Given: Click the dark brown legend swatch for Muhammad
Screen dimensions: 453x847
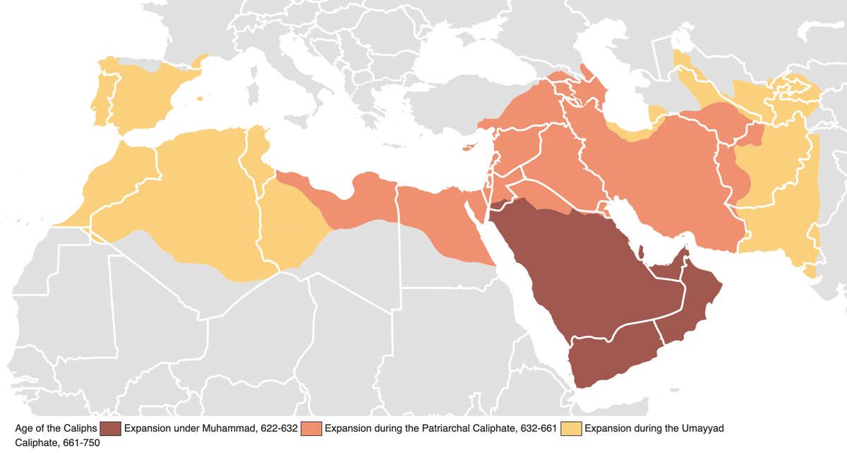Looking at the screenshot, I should [x=111, y=428].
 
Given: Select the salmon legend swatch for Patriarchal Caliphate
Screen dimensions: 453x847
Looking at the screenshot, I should [x=311, y=428].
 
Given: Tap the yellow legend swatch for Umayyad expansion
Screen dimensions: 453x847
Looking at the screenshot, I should [x=572, y=428].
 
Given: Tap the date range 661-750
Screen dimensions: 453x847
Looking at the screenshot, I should [x=80, y=443].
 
